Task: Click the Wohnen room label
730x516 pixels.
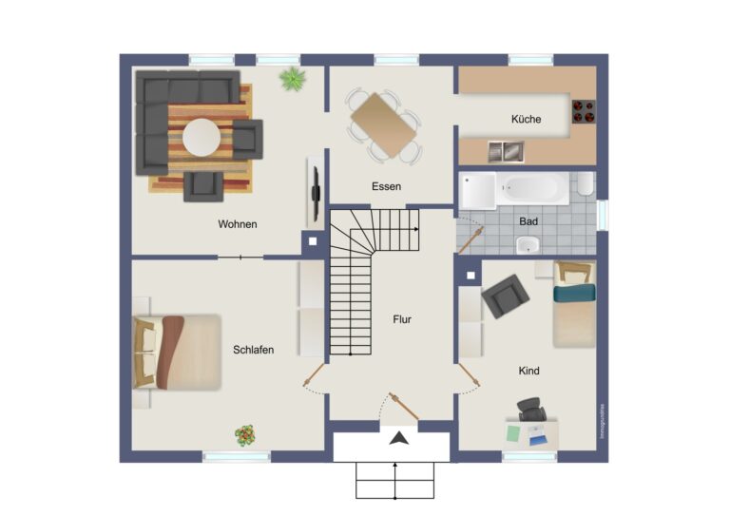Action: pos(238,225)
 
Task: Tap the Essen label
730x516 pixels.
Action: pos(387,187)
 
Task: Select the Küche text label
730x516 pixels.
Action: pos(526,120)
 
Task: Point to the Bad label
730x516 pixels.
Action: pos(528,221)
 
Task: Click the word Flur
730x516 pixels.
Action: pos(402,319)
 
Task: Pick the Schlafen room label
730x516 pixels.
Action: pos(253,350)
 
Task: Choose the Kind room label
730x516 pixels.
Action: pos(528,371)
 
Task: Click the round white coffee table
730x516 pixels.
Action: pos(202,137)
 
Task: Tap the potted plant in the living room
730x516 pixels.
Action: pos(292,78)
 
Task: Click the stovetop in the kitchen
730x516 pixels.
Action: pos(583,112)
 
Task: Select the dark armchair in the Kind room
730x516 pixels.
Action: pos(505,296)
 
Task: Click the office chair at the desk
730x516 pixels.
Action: pos(531,410)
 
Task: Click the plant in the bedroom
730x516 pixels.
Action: pos(245,435)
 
